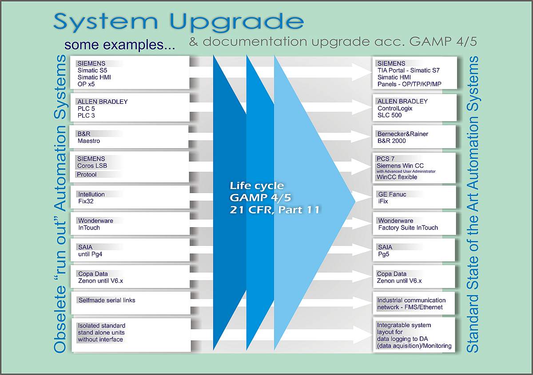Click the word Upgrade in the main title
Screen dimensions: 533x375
(237, 23)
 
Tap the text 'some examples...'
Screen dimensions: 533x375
(119, 44)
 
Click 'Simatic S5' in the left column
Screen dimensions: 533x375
(92, 71)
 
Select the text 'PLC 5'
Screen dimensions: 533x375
(86, 109)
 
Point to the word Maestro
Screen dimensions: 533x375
(89, 141)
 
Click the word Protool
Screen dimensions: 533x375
(87, 174)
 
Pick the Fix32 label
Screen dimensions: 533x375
(86, 201)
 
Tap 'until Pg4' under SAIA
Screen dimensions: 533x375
(90, 254)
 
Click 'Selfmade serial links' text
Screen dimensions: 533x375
(107, 300)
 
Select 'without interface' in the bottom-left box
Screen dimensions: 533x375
(100, 339)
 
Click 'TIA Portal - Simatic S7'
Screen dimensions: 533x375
(409, 71)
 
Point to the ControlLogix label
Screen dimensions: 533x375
(395, 108)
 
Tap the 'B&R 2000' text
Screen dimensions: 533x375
(392, 141)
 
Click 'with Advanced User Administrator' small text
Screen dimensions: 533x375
(406, 171)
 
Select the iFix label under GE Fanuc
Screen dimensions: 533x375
(383, 201)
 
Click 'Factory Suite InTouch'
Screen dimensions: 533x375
(408, 228)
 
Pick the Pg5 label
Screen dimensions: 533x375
(384, 254)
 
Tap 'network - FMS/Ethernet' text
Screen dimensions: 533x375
(410, 307)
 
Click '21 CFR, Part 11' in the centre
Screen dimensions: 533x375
(275, 210)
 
